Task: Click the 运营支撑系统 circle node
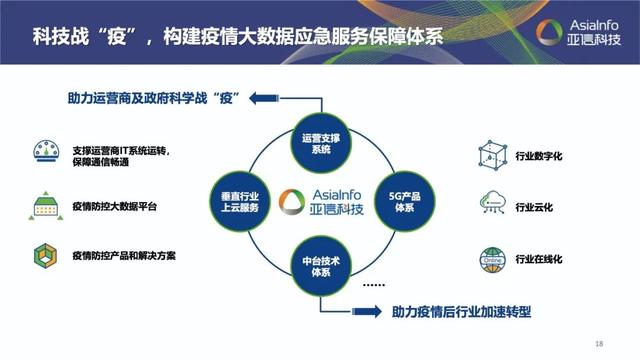[320, 143]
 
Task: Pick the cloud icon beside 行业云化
[490, 205]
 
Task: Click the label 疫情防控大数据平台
[114, 206]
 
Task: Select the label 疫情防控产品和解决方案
[124, 256]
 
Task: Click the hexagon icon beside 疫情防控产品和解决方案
[43, 254]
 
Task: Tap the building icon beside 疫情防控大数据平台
[43, 205]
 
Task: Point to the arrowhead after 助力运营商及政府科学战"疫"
[261, 97]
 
